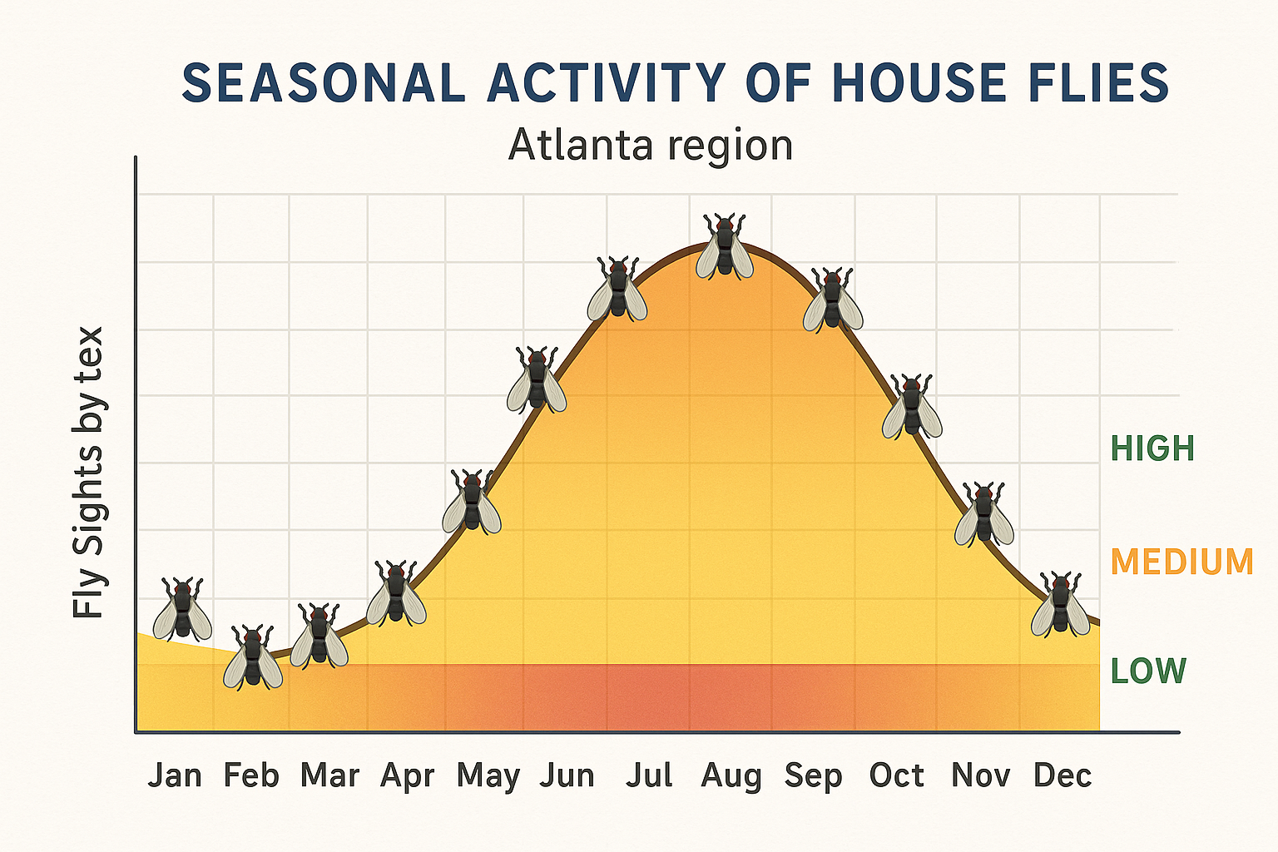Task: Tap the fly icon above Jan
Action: [182, 609]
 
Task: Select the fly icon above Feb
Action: [253, 657]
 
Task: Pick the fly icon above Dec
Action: [1061, 605]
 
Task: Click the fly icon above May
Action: [472, 502]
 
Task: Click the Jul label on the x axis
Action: [649, 775]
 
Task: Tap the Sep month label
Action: [813, 775]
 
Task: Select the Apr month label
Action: [408, 775]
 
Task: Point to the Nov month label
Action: [980, 775]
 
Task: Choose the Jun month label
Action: [567, 775]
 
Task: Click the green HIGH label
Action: [1153, 449]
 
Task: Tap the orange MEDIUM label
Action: [1181, 562]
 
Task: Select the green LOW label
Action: [1148, 671]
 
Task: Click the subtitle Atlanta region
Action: [651, 146]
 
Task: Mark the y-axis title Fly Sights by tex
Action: [88, 473]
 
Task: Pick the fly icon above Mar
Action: [319, 637]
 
